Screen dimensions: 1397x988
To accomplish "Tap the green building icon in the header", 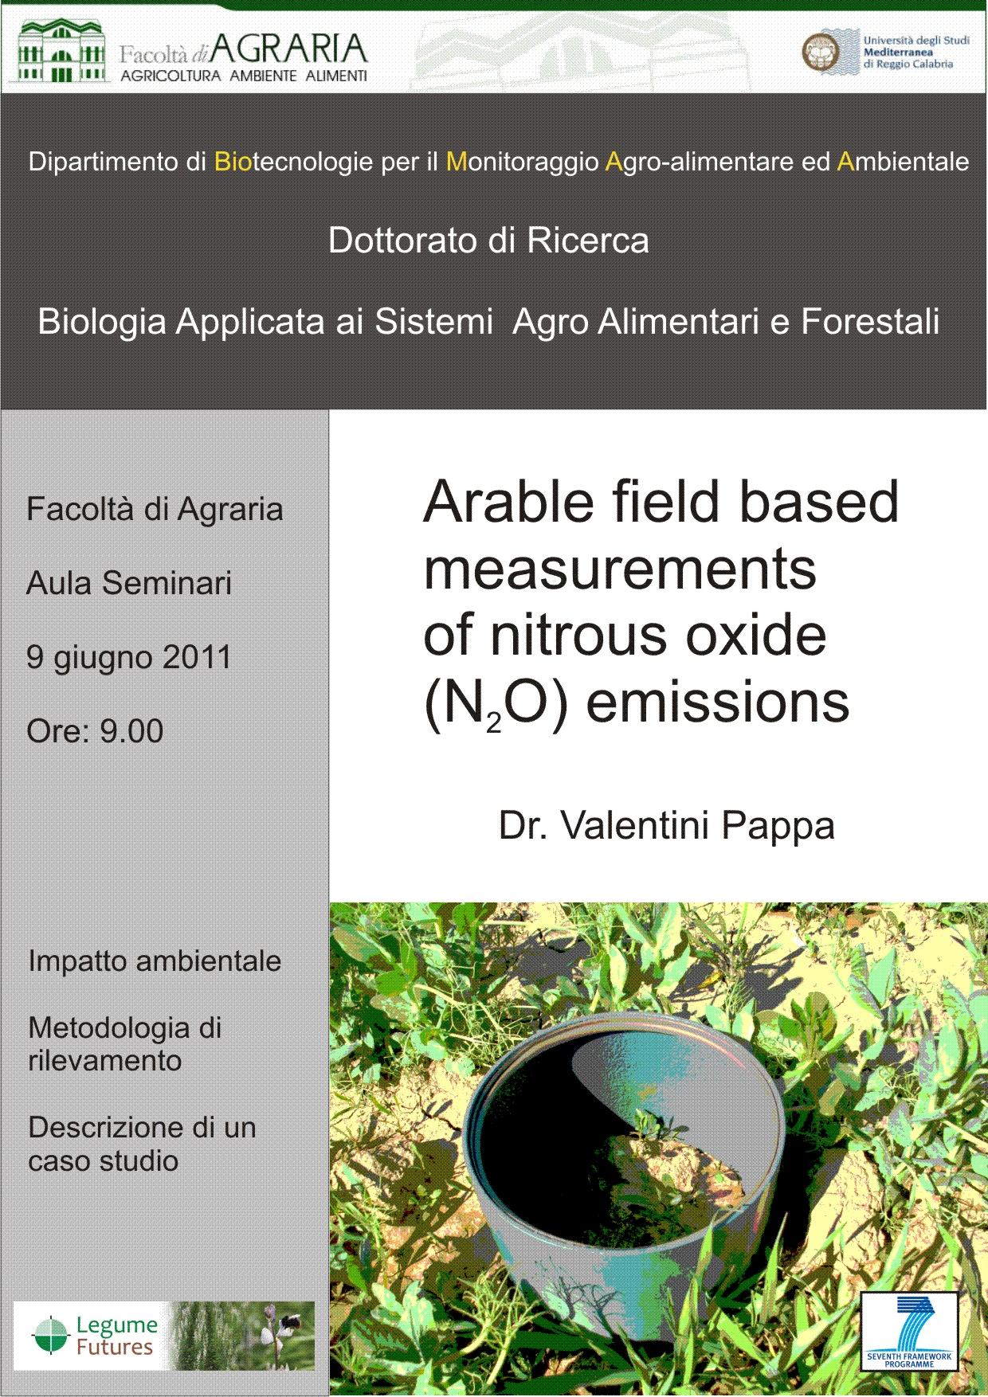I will click(x=60, y=51).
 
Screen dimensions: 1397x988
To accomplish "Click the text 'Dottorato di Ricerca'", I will click(x=488, y=241).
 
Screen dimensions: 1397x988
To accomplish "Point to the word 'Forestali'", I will click(x=870, y=322).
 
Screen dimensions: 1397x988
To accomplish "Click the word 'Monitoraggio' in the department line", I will click(x=522, y=162).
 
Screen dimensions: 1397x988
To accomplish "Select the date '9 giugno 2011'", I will click(x=129, y=657).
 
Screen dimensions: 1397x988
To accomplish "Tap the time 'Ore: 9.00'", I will click(x=95, y=730).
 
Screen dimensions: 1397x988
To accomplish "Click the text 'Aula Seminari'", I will click(x=129, y=583).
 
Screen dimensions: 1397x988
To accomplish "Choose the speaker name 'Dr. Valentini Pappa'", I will click(x=666, y=825).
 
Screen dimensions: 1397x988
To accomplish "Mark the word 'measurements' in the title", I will click(x=619, y=569).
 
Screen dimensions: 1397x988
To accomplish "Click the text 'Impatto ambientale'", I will click(x=155, y=961).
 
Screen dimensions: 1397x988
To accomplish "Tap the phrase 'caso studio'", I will click(x=103, y=1160).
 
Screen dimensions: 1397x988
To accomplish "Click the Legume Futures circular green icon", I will click(x=50, y=1336).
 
